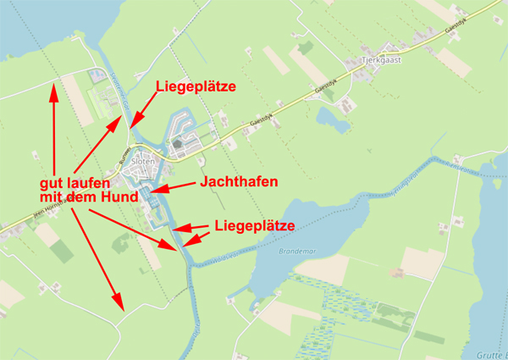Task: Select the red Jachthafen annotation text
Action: (x=239, y=182)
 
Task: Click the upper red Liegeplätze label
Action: (x=195, y=86)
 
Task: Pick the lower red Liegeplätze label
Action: (x=254, y=226)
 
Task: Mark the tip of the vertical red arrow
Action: (x=53, y=81)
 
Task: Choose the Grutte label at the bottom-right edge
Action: (x=491, y=352)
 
